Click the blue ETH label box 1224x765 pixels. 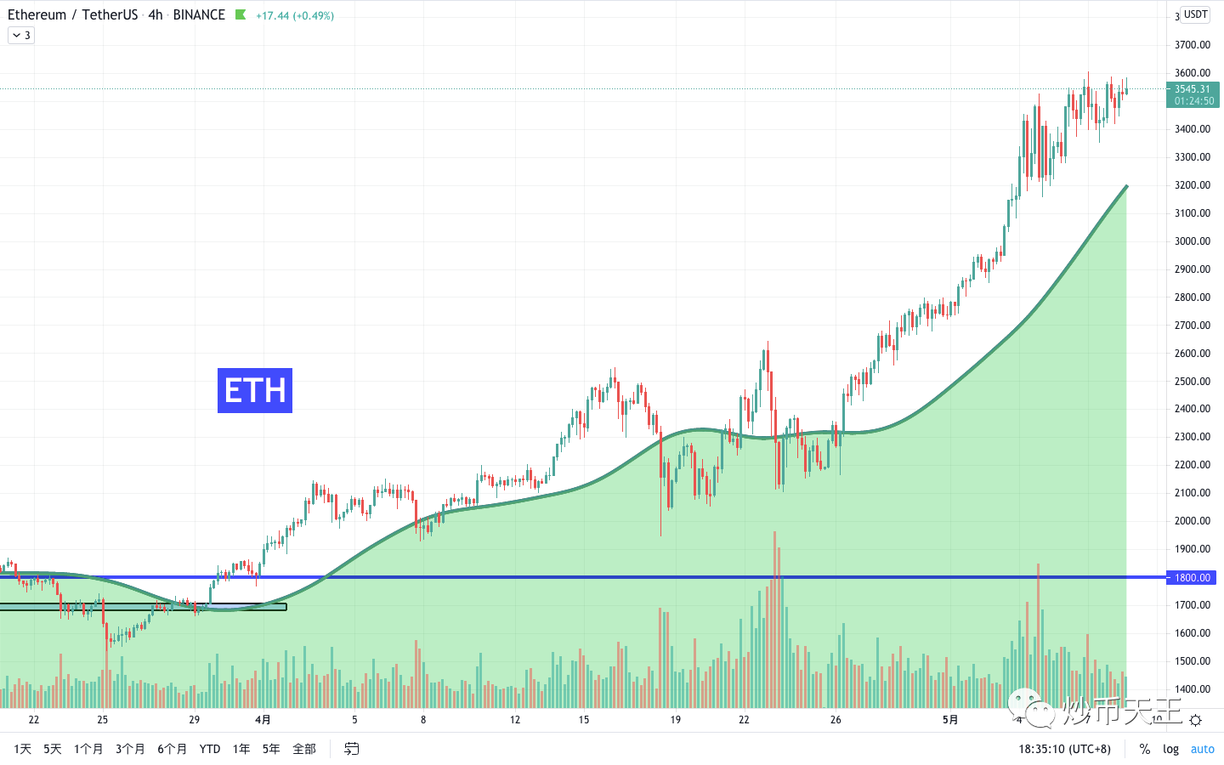[x=255, y=390]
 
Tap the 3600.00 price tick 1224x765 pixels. [x=1193, y=73]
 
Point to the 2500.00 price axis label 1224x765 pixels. [x=1193, y=381]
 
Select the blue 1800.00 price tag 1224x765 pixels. [x=1193, y=578]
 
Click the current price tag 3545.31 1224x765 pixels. [x=1193, y=89]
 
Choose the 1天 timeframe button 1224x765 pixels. [x=23, y=749]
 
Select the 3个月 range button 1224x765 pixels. [x=130, y=749]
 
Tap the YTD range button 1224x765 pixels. [x=210, y=749]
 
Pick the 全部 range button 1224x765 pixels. [x=304, y=749]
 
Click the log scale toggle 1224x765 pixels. [x=1171, y=749]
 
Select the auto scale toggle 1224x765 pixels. [x=1203, y=749]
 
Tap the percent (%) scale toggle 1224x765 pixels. [x=1145, y=749]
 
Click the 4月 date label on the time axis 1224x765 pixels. [x=263, y=720]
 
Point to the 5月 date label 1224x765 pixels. [x=950, y=720]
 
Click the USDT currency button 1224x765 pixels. [x=1196, y=14]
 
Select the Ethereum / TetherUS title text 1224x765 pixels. [x=72, y=15]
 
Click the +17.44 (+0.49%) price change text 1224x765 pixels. [x=295, y=15]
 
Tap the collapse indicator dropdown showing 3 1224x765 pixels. [x=21, y=35]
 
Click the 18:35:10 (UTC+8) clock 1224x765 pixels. [x=1064, y=749]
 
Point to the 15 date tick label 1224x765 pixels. [x=584, y=720]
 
